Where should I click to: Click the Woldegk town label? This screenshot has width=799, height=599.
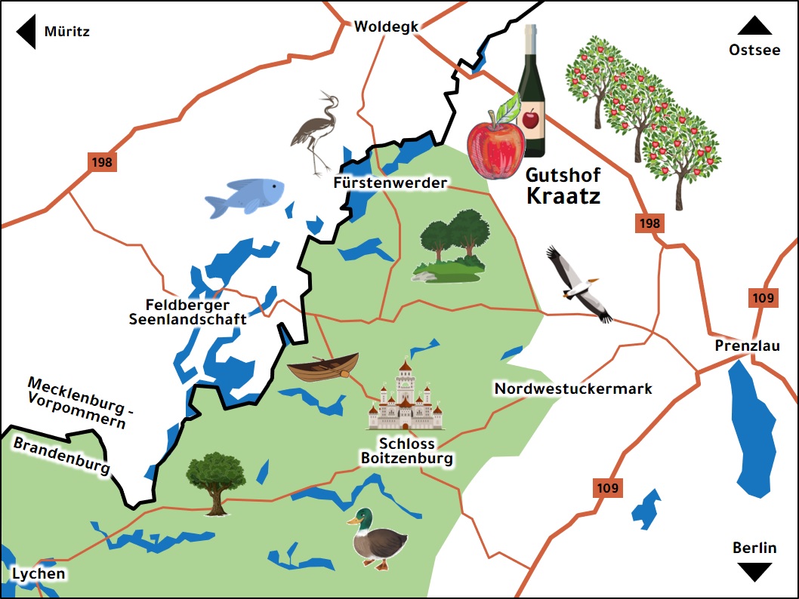(x=386, y=26)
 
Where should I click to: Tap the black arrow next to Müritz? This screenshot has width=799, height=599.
(x=27, y=32)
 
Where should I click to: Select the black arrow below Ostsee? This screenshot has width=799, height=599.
(x=754, y=26)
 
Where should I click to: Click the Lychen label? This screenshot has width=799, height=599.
(x=38, y=573)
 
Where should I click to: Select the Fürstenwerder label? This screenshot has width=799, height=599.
(x=390, y=183)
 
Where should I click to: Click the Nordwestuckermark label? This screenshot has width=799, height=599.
(x=572, y=389)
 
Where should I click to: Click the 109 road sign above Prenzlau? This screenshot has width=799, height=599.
(x=763, y=298)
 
